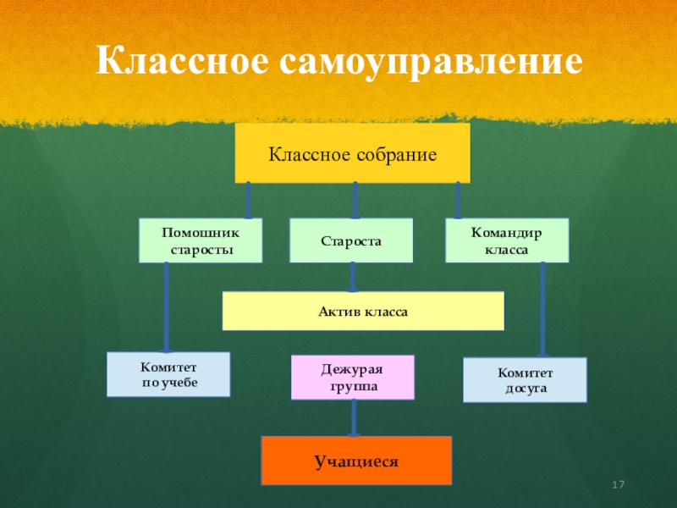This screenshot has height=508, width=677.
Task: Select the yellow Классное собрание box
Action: [x=352, y=153]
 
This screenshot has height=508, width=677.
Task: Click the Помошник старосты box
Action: [x=201, y=240]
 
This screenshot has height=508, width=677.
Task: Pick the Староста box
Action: [x=351, y=240]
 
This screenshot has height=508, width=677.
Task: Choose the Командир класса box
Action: [x=507, y=240]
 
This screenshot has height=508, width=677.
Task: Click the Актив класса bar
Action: [x=362, y=311]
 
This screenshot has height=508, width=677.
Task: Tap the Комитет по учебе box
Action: [x=168, y=374]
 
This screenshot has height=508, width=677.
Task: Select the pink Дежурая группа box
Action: [x=352, y=377]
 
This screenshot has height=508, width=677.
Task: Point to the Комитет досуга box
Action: [x=524, y=379]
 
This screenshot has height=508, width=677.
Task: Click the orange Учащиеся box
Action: [x=356, y=461]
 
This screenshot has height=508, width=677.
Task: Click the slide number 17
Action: [x=618, y=484]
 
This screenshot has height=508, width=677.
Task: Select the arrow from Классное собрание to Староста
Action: [x=355, y=200]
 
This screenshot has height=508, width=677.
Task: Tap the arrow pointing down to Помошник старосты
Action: [x=248, y=200]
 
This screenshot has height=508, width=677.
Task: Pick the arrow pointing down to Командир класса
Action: [x=459, y=200]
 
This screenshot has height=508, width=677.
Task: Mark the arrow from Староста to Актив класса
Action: [x=353, y=277]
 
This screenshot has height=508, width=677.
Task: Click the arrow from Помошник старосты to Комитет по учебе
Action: [x=167, y=306]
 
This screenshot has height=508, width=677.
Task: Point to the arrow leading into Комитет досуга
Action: [x=542, y=309]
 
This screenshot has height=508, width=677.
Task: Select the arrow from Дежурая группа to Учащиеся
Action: [x=354, y=417]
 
